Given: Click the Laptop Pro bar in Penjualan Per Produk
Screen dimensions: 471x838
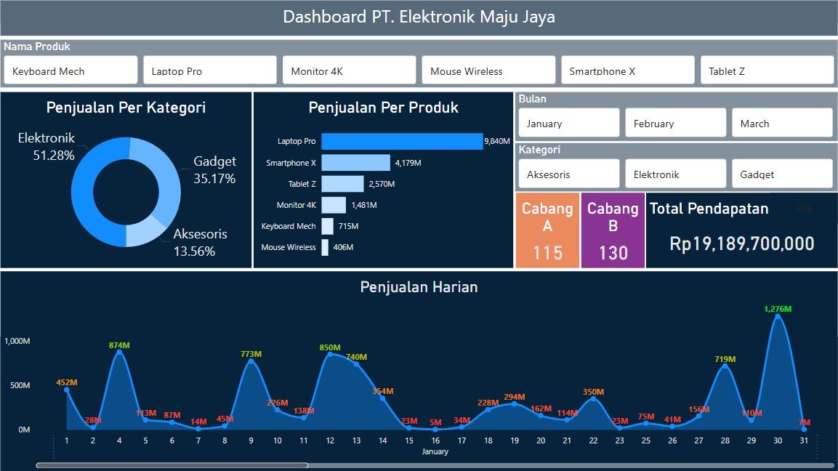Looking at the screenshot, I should (x=402, y=141).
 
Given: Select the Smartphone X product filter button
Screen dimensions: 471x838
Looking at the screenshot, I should (x=627, y=71).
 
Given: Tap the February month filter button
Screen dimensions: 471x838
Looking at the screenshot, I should (x=675, y=123).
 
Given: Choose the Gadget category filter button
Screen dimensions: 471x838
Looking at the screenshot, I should (x=781, y=174).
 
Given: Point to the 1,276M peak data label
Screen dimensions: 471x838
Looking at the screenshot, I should (x=777, y=309).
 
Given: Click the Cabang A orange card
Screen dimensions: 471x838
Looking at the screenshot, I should (x=547, y=230).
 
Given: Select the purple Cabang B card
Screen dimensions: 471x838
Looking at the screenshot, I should (x=613, y=230).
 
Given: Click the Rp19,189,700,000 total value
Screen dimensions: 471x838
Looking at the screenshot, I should (x=741, y=244).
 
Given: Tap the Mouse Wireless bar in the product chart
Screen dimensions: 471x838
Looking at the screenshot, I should (x=325, y=247).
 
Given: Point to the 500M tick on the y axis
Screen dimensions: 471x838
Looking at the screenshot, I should (x=19, y=385).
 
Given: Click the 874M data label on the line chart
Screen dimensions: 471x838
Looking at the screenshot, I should (x=119, y=345).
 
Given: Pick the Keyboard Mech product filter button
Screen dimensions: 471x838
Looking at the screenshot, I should (x=70, y=71).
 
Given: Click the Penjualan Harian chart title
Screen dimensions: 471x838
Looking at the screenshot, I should (x=419, y=287).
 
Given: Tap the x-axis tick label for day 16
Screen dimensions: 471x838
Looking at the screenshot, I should (x=435, y=440).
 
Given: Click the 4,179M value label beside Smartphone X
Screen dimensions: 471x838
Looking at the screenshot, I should (x=408, y=163).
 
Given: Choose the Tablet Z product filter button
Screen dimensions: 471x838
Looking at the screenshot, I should (x=767, y=71).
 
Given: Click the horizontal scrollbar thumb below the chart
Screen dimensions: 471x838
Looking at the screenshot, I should (x=172, y=465).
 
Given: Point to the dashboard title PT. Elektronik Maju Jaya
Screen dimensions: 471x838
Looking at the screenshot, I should (x=419, y=17).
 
